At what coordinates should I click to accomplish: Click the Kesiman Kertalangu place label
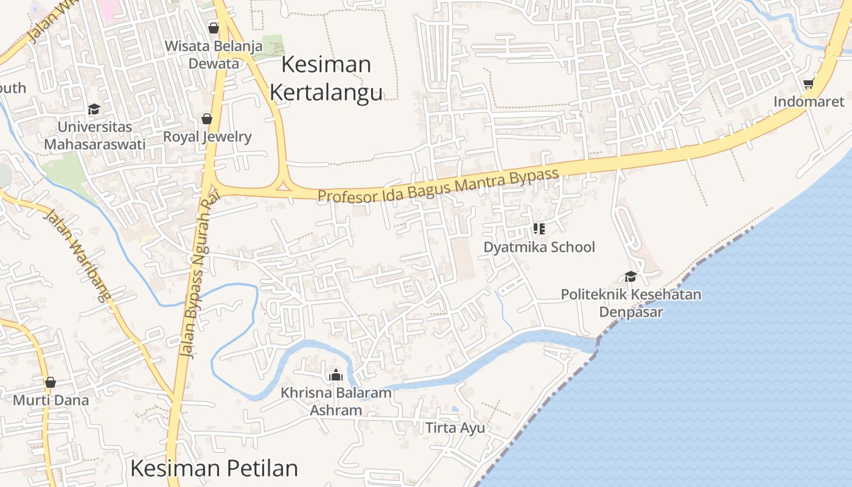pos(326,78)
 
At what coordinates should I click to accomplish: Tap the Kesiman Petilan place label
pos(214,468)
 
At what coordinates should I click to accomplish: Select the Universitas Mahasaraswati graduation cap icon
pos(94,109)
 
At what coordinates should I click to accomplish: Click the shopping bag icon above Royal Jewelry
pos(207,119)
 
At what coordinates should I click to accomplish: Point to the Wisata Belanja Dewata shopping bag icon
pos(214,28)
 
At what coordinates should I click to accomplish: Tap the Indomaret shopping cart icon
pos(808,84)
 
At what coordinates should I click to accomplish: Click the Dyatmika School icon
pos(539,229)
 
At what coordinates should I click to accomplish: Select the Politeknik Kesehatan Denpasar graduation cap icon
pos(630,276)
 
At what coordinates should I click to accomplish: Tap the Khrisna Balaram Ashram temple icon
pos(335,375)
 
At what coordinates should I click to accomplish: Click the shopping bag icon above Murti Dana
pos(51,382)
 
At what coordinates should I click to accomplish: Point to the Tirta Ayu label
pos(455,428)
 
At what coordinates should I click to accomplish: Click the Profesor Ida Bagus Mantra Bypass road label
pos(438,186)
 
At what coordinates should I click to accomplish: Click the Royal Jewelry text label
pos(207,136)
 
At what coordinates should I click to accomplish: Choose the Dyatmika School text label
pos(539,247)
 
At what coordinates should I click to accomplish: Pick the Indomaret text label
pos(809,102)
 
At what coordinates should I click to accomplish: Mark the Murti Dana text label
pos(51,401)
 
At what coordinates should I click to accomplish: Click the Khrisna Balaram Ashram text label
pos(335,401)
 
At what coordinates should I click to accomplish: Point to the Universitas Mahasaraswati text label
pos(94,136)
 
